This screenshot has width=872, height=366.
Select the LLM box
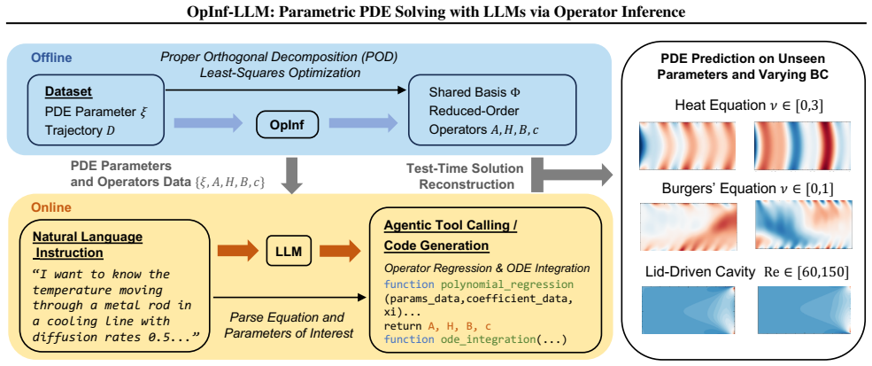289,252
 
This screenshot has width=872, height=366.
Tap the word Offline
51,58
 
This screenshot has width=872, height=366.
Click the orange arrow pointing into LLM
238,252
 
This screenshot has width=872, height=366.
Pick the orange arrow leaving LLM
339,252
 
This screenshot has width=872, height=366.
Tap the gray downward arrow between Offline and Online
291,174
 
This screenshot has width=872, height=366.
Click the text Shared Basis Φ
475,90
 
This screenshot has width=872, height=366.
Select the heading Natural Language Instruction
89,244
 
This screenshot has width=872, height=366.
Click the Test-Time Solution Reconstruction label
465,175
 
